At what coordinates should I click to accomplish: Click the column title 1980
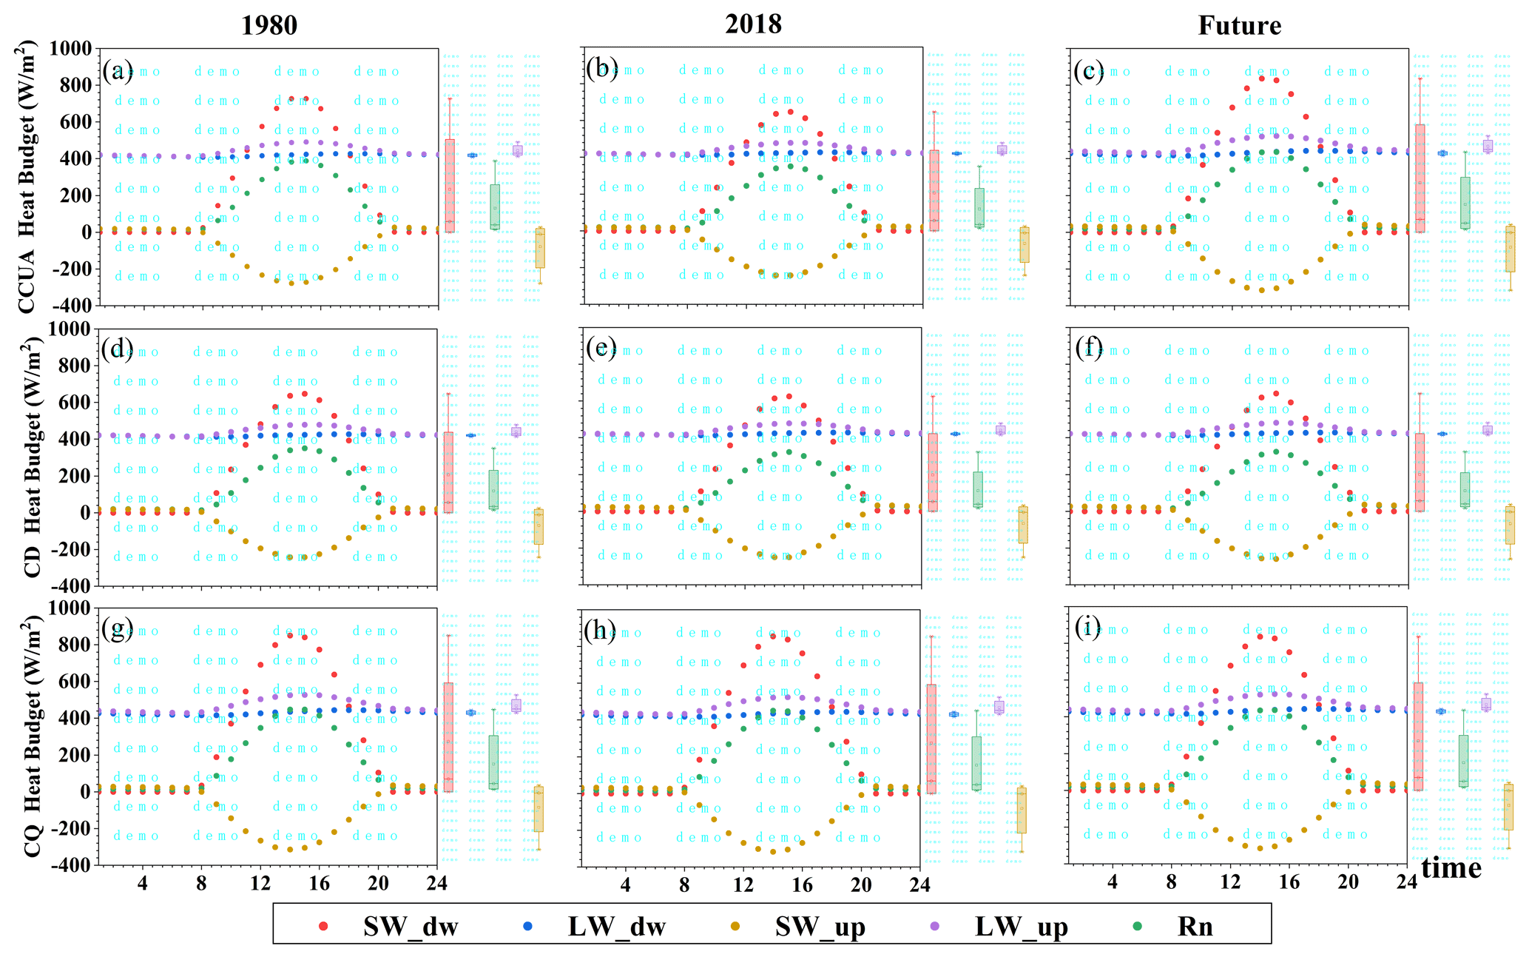tap(269, 26)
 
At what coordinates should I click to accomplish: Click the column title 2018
tap(753, 24)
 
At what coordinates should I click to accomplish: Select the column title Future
tap(1239, 26)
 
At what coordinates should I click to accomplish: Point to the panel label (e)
tap(601, 348)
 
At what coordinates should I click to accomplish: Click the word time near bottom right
tap(1451, 867)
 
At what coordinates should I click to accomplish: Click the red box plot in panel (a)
tap(450, 185)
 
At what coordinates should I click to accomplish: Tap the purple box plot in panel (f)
tap(1487, 430)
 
